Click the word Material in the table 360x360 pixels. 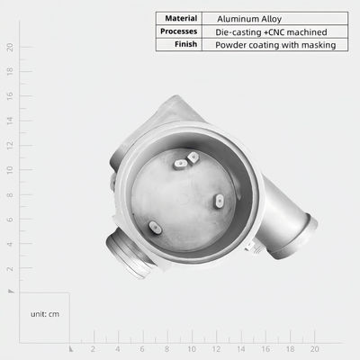pos(181,18)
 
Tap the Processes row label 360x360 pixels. pos(178,31)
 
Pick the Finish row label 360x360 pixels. pos(185,44)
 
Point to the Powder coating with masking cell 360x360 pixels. pos(275,45)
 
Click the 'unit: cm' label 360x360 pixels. pos(45,314)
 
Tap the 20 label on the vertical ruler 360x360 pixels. pos(10,48)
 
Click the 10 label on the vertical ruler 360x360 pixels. pos(10,170)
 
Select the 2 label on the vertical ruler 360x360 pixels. pos(10,268)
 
